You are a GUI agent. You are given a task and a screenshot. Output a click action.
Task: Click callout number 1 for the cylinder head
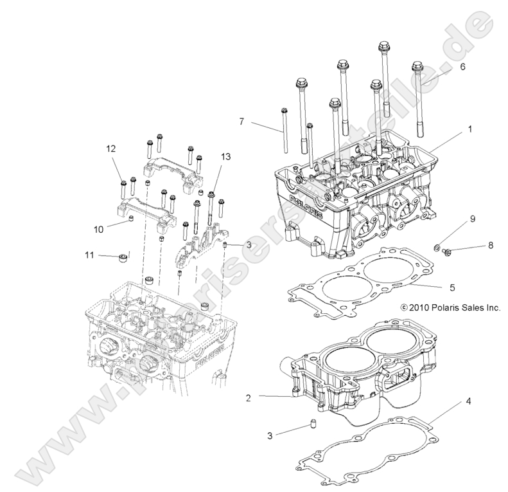(x=470, y=129)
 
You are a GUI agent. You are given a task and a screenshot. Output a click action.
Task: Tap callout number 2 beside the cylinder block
(x=247, y=398)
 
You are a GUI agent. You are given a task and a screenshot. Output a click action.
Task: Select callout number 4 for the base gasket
(x=469, y=401)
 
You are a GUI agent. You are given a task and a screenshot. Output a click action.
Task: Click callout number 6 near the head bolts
(x=462, y=66)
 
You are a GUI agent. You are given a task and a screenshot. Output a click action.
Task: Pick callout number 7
(x=241, y=122)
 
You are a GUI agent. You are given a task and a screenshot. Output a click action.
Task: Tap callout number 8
(x=490, y=246)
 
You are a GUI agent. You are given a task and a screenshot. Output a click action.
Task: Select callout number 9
(x=473, y=219)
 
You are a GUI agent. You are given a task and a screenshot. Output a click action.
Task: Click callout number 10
(x=98, y=228)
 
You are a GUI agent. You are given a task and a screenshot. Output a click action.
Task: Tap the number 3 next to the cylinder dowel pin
(x=270, y=435)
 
